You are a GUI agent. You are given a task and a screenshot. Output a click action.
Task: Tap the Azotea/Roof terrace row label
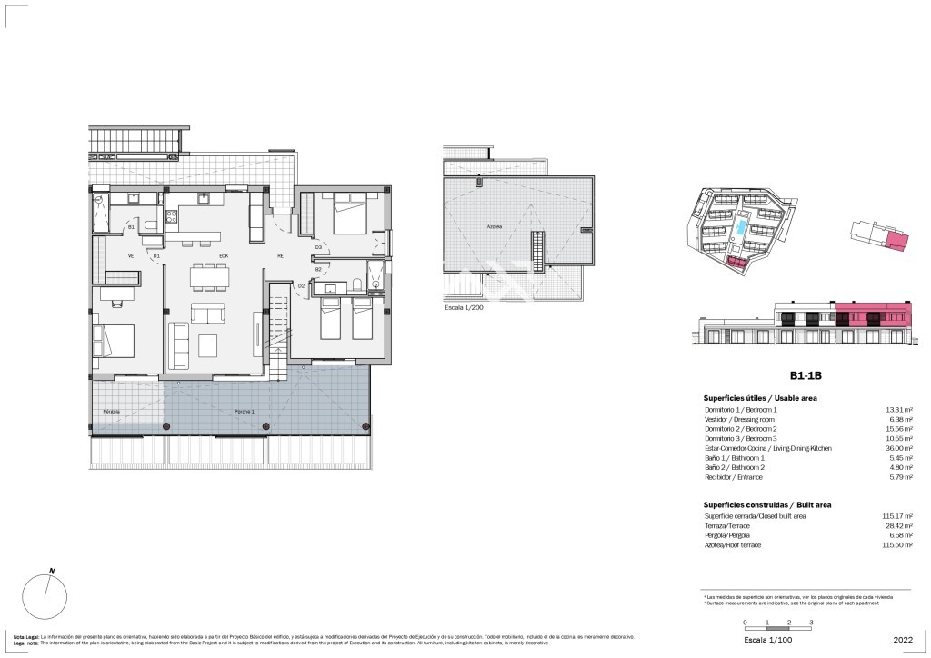point(732,544)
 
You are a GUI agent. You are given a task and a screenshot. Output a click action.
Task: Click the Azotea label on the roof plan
point(494,227)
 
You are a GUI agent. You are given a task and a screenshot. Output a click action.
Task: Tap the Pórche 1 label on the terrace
point(245,412)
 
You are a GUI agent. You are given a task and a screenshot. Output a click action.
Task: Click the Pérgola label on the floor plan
point(112,412)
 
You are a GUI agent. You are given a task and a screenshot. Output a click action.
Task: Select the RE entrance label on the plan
point(280,256)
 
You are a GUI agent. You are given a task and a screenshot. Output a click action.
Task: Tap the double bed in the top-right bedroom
point(348,214)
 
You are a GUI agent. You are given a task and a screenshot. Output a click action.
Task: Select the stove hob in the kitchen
point(171,217)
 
